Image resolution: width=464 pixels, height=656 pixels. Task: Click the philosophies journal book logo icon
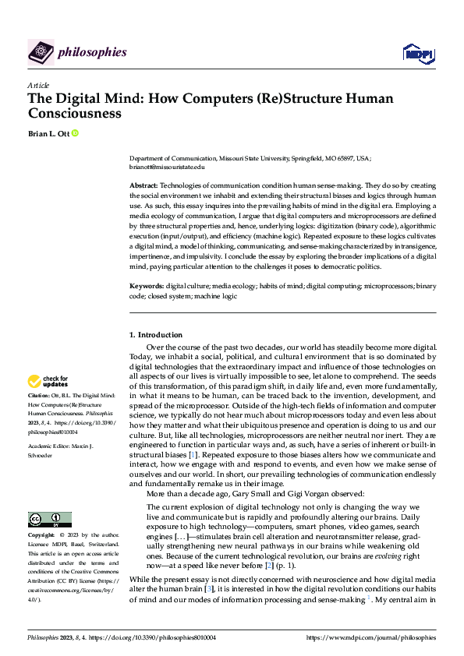click(x=41, y=52)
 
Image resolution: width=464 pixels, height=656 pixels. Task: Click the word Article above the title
click(x=38, y=85)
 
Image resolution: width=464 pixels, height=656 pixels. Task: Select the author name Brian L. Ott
click(x=48, y=134)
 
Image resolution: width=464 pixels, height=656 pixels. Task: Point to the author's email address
click(x=167, y=167)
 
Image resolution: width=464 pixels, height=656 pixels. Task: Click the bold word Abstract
click(x=143, y=185)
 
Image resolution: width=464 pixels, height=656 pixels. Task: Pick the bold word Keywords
click(x=146, y=287)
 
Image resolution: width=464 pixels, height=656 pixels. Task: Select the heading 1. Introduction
click(x=156, y=335)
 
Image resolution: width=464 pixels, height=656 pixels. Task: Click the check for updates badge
click(x=48, y=382)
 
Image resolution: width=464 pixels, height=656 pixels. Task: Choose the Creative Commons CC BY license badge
click(x=49, y=520)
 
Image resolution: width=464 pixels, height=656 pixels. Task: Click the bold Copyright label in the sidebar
click(x=42, y=536)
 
